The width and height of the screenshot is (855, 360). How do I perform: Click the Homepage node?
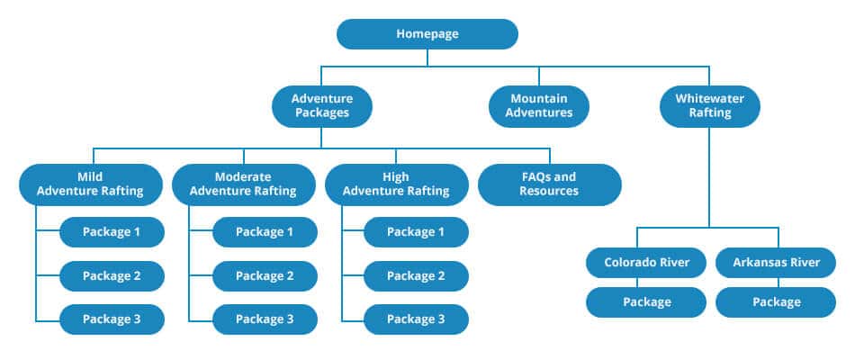427,34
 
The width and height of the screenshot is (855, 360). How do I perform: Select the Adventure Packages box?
321,105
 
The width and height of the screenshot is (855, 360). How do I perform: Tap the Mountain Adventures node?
538,105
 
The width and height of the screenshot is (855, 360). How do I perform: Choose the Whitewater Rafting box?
709,105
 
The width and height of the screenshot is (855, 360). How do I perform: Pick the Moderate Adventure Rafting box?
243,184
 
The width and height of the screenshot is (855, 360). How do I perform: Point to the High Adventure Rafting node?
396,184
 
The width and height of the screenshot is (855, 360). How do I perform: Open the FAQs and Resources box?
548,184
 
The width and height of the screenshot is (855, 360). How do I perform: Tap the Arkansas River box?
775,263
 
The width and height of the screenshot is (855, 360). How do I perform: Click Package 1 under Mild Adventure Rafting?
112,232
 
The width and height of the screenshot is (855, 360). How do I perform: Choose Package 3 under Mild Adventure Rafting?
112,319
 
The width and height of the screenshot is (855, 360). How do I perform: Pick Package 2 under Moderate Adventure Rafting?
265,275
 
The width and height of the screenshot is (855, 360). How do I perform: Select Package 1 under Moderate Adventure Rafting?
265,232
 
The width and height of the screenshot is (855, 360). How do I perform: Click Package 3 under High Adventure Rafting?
416,319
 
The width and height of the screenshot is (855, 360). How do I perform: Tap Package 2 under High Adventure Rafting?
416,275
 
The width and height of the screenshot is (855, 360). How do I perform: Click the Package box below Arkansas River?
775,302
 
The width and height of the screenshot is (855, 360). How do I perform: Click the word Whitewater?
709,98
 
